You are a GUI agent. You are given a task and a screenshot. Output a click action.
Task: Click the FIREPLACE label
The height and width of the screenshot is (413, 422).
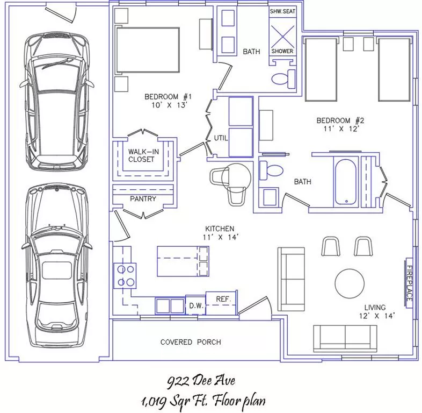[x=409, y=283]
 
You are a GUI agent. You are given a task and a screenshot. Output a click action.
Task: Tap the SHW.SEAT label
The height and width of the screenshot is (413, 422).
[x=282, y=11]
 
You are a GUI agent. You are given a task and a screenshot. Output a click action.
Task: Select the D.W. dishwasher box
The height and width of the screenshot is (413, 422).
[x=195, y=305]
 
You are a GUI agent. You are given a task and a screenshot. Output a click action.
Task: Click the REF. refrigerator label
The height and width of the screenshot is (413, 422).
[x=223, y=299]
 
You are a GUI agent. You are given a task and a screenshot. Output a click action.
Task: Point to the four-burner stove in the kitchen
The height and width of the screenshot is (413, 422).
[x=125, y=276]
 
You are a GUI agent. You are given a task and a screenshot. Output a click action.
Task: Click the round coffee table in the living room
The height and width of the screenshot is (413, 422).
[x=350, y=283]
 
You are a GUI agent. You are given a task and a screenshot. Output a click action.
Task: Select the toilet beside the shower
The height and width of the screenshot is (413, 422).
[x=283, y=79]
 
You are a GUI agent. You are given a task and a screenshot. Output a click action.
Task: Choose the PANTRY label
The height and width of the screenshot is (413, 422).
[x=143, y=199]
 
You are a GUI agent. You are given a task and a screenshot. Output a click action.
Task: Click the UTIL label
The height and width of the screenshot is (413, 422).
[x=221, y=138]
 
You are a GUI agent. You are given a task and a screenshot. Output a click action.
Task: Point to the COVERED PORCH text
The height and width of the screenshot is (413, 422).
[x=191, y=342]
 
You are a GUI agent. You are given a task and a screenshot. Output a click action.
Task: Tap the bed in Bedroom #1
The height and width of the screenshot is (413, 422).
[x=147, y=50]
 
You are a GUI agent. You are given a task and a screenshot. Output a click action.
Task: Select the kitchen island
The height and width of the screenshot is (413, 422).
[x=183, y=261]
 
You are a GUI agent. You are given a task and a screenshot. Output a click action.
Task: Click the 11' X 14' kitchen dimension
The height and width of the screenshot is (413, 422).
[x=221, y=237]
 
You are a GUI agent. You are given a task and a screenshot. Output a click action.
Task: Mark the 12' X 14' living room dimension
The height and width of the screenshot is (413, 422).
[x=377, y=316]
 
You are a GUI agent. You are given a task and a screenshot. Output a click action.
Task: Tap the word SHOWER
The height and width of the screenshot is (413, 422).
[x=282, y=51]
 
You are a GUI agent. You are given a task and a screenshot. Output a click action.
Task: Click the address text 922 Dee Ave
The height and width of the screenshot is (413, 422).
[x=201, y=381]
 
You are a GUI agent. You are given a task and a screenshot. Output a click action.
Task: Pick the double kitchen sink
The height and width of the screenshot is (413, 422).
[x=170, y=305]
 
